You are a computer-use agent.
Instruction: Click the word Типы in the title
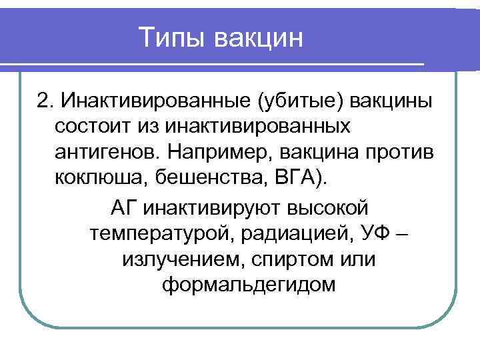173,38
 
